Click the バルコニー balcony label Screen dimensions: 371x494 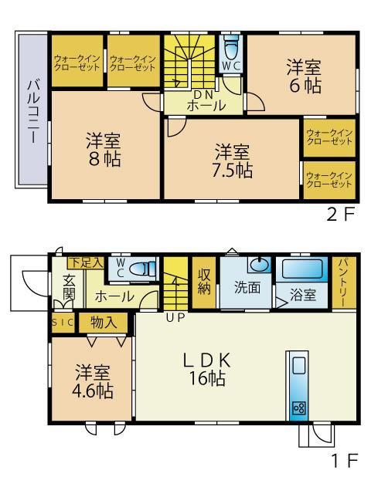[x=33, y=112]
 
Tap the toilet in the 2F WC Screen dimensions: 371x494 [x=231, y=46]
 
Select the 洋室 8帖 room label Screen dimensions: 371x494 [x=104, y=150]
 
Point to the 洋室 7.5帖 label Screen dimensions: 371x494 [x=232, y=161]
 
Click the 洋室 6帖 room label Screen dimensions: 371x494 [x=304, y=76]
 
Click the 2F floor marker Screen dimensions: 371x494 [x=341, y=215]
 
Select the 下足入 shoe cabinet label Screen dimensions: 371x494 [x=86, y=262]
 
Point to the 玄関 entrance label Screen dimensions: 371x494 [x=69, y=287]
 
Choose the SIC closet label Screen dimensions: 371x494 [x=63, y=323]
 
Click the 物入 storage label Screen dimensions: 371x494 [x=103, y=323]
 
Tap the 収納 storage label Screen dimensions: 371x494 [x=204, y=282]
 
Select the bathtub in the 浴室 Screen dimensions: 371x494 [x=302, y=269]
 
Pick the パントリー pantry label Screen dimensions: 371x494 [x=344, y=283]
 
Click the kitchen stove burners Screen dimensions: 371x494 [x=298, y=408]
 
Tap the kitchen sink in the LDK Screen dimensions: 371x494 [x=298, y=365]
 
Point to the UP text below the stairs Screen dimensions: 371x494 [x=175, y=317]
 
